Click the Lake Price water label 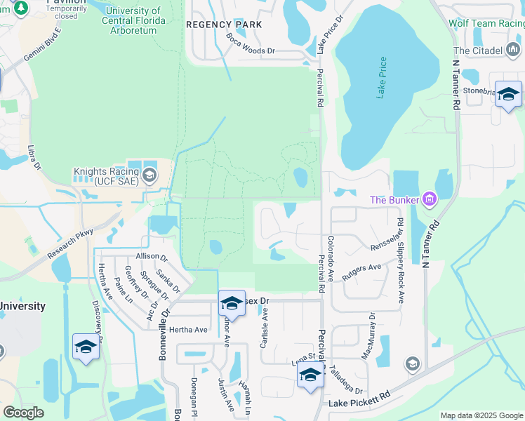click(x=382, y=78)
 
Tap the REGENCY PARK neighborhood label click(x=224, y=25)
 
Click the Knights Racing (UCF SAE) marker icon click(x=149, y=176)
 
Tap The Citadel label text click(x=478, y=51)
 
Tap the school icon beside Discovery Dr click(x=86, y=347)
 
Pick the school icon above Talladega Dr click(x=310, y=375)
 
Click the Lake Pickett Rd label click(x=359, y=402)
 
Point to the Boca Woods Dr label click(x=251, y=44)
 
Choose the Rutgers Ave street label click(x=361, y=272)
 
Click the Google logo click(x=23, y=413)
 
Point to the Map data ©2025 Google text click(x=481, y=415)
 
